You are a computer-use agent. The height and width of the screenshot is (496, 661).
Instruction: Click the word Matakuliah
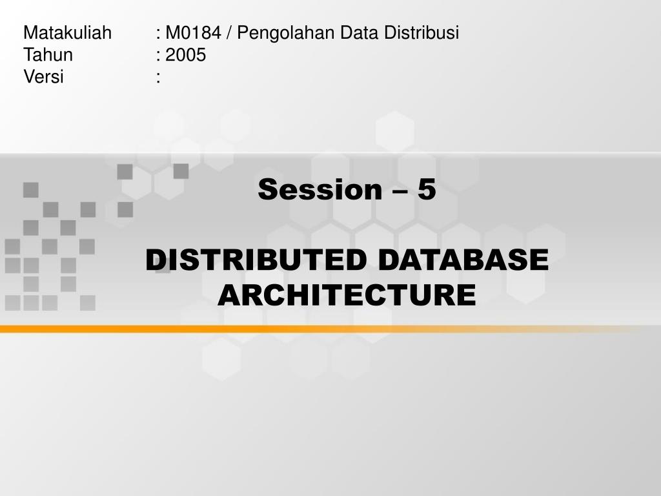[67, 32]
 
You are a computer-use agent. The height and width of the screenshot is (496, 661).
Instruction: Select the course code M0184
[193, 32]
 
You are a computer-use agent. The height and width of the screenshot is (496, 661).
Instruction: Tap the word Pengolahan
[286, 33]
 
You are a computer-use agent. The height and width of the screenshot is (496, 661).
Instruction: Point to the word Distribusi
[421, 32]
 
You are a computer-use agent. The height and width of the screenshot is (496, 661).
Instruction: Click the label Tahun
[48, 55]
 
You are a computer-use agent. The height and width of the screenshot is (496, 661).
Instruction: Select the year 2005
[185, 55]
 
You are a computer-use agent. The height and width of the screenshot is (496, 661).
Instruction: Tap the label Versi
[43, 77]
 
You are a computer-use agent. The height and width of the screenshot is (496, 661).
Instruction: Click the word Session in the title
[320, 189]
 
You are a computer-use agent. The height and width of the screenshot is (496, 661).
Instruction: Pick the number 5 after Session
[427, 189]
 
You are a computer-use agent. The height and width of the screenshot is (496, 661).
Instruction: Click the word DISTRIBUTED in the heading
[256, 260]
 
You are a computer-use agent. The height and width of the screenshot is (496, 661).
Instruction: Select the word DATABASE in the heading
[463, 260]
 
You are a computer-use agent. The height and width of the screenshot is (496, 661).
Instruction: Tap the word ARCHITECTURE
[347, 294]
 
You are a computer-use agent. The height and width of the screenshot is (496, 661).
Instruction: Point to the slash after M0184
[229, 33]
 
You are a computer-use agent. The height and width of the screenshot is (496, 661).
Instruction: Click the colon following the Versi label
[158, 77]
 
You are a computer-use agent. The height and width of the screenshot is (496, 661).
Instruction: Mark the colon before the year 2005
[158, 56]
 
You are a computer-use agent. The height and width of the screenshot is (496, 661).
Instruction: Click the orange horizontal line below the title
[320, 329]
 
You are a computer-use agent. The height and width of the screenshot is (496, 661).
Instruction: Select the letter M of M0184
[172, 32]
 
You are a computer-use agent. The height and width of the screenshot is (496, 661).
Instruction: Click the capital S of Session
[267, 189]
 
